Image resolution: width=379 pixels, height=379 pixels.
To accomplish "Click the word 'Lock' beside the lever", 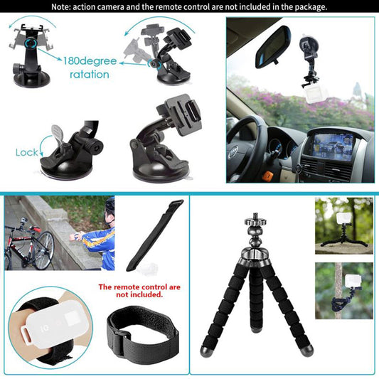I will click(x=26, y=152).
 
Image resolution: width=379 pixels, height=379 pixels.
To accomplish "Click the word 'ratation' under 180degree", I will click(x=90, y=74).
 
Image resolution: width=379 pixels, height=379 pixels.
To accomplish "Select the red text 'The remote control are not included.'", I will click(x=130, y=290).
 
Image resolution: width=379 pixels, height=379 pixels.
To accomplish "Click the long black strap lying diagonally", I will click(x=154, y=235).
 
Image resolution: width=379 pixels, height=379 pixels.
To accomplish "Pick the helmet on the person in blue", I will click(x=110, y=205).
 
